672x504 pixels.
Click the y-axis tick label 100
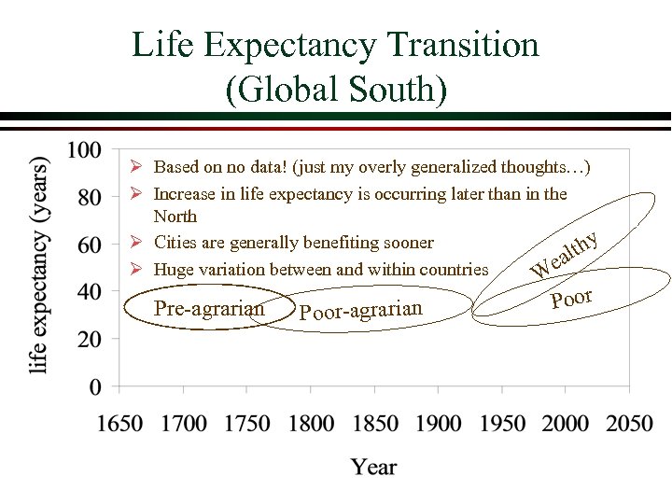(x=84, y=149)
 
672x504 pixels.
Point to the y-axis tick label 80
(x=90, y=197)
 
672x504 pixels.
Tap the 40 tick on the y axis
(x=90, y=292)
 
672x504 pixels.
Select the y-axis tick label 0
(x=96, y=386)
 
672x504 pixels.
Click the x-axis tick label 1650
(x=119, y=424)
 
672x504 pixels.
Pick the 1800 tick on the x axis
(x=311, y=424)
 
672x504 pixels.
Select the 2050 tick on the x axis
(x=629, y=424)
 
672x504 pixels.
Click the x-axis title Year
(x=374, y=468)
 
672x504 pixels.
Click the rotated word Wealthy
(x=564, y=254)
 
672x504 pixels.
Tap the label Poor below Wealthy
(x=572, y=299)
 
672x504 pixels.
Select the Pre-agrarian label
(x=208, y=307)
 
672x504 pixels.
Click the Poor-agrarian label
(x=361, y=310)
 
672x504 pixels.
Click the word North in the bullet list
(x=175, y=217)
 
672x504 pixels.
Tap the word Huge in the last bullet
(x=174, y=270)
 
